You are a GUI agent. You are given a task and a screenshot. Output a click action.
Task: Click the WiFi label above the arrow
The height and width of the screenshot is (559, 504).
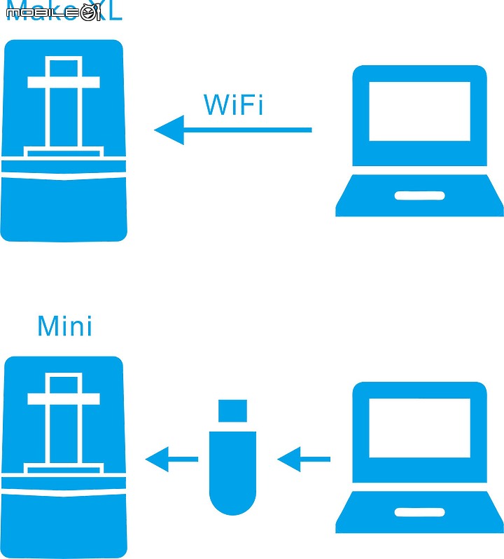233,105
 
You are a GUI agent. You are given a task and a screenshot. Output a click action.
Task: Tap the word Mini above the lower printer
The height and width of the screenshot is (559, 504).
64,326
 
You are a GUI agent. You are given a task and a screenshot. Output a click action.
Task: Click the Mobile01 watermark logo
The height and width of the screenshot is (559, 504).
53,12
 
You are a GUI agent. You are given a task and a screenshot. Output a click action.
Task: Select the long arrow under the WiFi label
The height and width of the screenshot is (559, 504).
238,130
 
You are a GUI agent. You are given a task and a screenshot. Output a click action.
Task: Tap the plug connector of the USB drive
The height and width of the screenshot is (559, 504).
233,411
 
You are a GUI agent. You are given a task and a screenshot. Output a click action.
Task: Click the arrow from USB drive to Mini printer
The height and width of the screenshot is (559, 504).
171,460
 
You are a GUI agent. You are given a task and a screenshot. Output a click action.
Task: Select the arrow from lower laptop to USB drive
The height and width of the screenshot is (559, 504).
304,460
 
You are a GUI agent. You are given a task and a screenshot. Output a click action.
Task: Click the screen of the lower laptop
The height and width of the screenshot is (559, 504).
419,428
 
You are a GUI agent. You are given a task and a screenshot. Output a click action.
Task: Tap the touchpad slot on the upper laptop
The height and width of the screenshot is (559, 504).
419,195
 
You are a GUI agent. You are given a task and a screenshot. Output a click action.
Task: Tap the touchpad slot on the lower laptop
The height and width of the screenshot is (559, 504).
419,512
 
